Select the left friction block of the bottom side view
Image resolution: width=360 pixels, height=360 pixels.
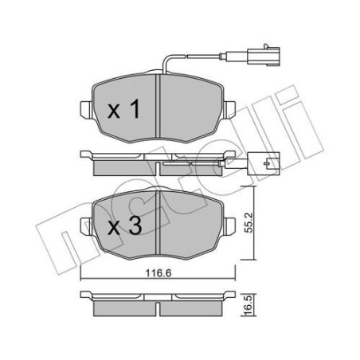pyautogui.click(x=123, y=307)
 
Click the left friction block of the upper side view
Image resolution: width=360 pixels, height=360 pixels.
pyautogui.click(x=123, y=168)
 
